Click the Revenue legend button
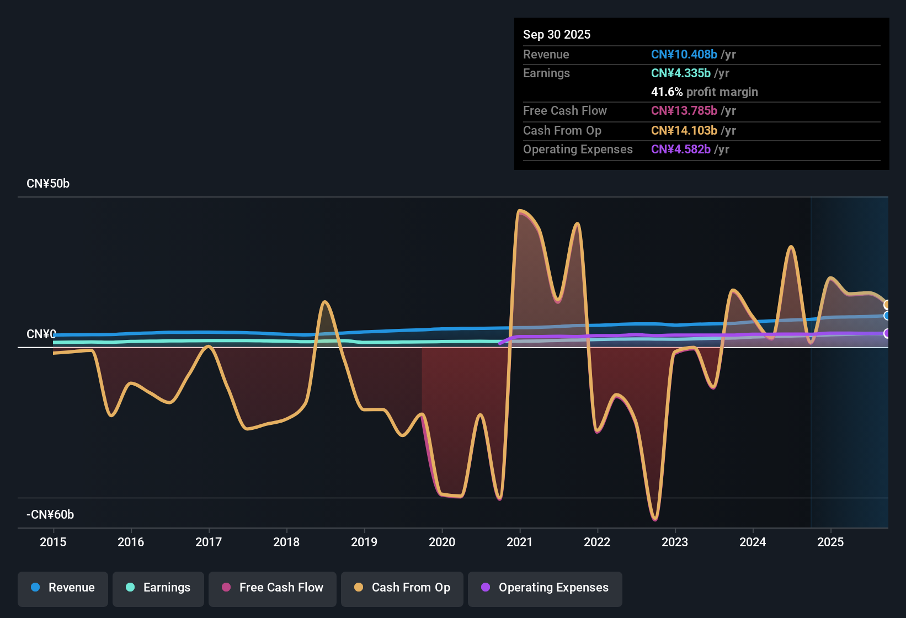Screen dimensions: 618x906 [63, 588]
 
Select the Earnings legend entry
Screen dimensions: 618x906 [158, 588]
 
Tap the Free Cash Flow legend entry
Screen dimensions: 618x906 [273, 588]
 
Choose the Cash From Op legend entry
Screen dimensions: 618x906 [402, 588]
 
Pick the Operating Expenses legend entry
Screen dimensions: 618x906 [545, 588]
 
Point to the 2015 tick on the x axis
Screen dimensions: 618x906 [53, 542]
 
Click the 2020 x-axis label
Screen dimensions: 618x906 [442, 542]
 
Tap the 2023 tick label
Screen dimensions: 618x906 [675, 542]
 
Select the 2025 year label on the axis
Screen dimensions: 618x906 [830, 542]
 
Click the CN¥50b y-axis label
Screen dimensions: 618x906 [48, 184]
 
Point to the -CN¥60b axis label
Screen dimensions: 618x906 [50, 515]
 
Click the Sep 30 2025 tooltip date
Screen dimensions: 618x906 [557, 34]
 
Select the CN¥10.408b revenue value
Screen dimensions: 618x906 [684, 54]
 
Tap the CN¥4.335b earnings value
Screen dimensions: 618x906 [680, 73]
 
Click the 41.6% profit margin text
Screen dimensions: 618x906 [704, 92]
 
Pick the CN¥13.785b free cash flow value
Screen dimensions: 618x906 [684, 110]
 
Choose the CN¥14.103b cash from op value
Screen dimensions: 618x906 [684, 130]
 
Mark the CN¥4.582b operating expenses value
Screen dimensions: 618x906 [680, 149]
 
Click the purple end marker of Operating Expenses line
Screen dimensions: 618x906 [887, 333]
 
